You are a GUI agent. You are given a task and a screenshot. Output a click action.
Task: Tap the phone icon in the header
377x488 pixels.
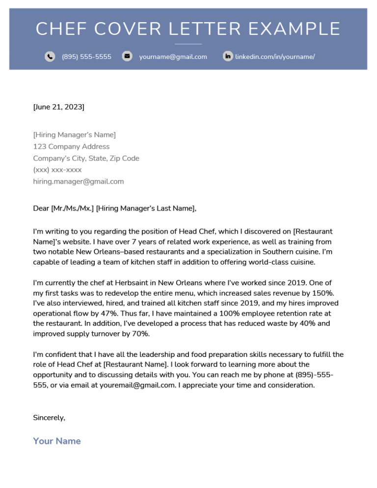50,56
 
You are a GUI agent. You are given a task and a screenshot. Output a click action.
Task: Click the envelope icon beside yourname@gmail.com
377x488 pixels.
127,56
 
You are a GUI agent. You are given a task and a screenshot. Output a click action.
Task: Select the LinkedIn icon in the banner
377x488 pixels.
228,56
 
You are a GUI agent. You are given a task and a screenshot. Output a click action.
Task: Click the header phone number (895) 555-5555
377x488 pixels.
86,57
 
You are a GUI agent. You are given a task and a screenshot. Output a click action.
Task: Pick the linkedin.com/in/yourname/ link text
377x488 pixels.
275,57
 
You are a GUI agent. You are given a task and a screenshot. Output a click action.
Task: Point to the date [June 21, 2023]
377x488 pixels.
58,107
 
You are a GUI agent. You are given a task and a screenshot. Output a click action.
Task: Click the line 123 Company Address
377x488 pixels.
71,147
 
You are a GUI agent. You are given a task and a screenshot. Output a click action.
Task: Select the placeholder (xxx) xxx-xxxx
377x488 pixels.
57,170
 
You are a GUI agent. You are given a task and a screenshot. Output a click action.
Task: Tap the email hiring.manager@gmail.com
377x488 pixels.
79,182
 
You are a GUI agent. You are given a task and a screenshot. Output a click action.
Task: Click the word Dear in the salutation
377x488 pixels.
41,209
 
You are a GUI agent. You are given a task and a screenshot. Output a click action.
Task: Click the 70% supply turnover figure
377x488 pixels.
140,334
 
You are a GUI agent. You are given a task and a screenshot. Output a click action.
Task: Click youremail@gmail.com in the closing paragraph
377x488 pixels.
137,385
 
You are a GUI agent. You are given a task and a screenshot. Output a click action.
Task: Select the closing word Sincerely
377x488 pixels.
49,418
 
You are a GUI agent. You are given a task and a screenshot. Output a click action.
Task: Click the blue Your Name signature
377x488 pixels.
57,441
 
